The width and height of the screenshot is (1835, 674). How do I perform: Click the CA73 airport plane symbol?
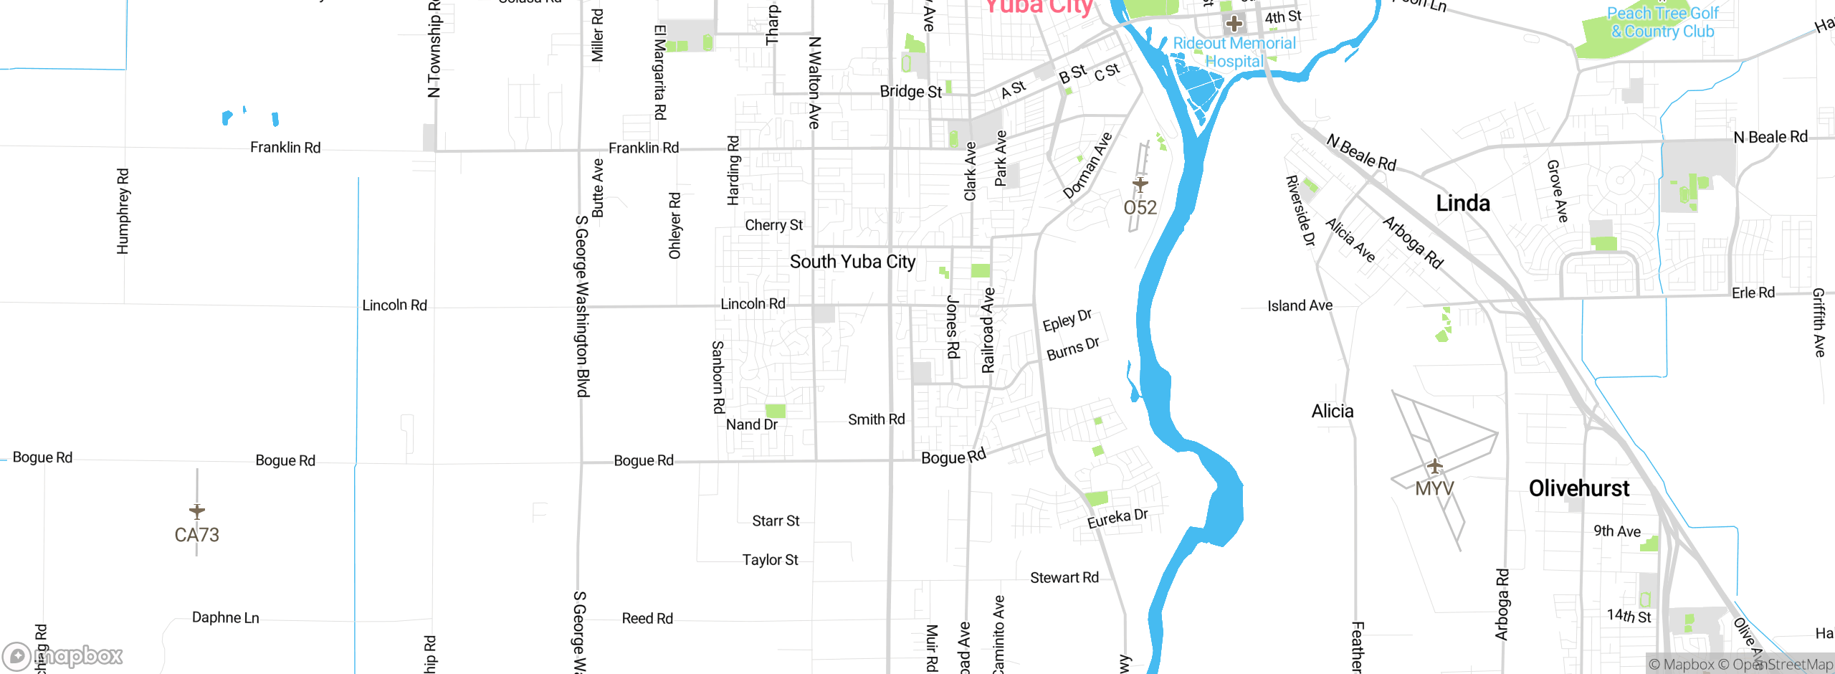(197, 511)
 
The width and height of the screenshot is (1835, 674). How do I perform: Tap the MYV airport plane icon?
(1434, 466)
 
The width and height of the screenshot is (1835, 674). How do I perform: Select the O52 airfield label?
(1140, 208)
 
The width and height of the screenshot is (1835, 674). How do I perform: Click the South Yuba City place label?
(852, 262)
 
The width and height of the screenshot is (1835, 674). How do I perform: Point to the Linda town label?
(1463, 203)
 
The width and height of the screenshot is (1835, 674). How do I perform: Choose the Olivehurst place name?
(1579, 488)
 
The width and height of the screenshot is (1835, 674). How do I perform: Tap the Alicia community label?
(1333, 411)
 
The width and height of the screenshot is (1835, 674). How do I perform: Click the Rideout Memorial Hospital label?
(1234, 52)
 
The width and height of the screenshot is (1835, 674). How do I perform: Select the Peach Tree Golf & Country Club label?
(1662, 22)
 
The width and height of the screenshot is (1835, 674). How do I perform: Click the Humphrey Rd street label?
(123, 211)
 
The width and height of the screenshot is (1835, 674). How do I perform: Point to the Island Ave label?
(1300, 305)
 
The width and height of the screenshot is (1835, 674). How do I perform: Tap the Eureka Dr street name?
(1117, 518)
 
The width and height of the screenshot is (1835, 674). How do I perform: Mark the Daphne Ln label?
(225, 617)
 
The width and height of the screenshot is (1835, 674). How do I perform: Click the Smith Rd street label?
(876, 419)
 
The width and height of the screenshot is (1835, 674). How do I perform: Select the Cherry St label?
(773, 224)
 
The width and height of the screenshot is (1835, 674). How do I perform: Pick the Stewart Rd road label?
(1064, 577)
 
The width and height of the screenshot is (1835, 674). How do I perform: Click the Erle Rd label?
(1753, 293)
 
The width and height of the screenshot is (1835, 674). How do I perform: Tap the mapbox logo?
(63, 655)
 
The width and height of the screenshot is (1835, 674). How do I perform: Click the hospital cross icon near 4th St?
(1234, 24)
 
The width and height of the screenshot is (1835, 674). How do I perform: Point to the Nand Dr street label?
(751, 424)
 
